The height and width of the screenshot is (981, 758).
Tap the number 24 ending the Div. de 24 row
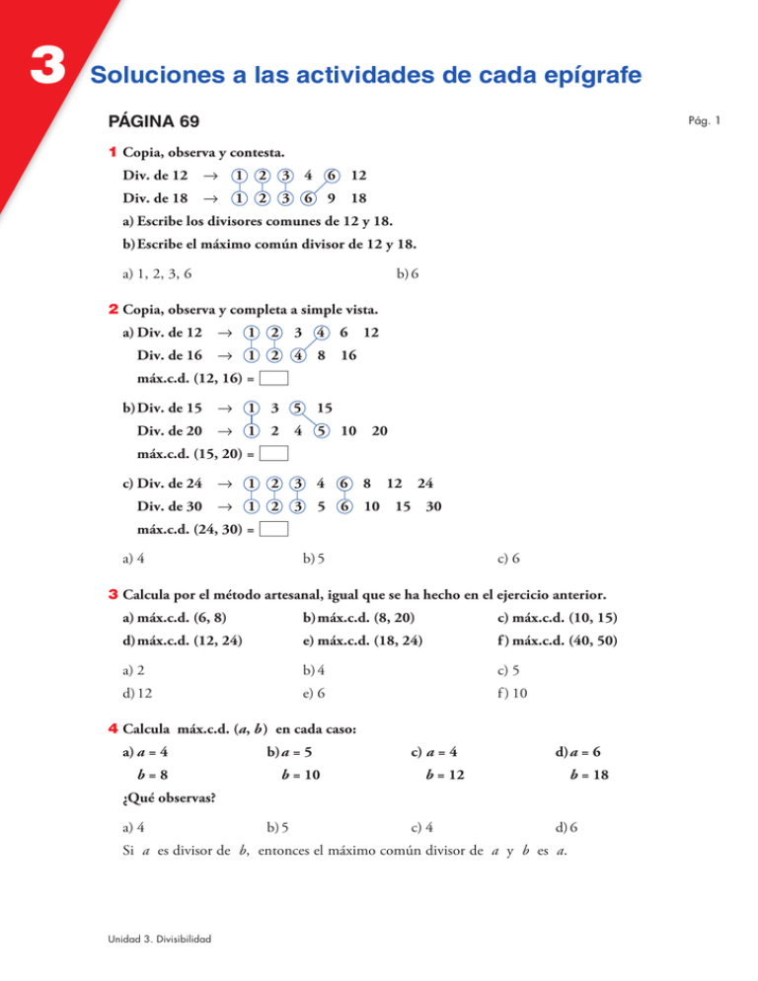coord(425,484)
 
